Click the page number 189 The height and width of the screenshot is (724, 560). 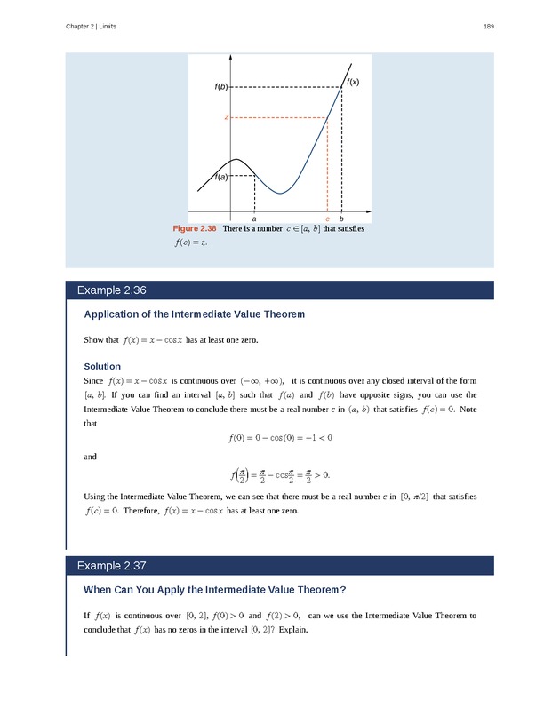coord(488,27)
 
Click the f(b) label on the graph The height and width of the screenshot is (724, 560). coord(220,87)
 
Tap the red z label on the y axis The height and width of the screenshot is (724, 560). coord(227,117)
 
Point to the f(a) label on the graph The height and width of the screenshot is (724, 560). coord(220,177)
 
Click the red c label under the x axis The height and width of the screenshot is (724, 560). coord(327,219)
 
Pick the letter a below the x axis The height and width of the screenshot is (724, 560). coord(255,219)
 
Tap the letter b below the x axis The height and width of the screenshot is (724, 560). coord(341,219)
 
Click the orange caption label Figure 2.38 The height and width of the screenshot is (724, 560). coord(194,229)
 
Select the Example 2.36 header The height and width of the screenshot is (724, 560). coord(111,290)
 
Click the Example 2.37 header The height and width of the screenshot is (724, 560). coord(111,566)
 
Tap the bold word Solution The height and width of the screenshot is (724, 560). coord(101,366)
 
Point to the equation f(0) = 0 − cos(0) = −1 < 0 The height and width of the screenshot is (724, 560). coord(280,438)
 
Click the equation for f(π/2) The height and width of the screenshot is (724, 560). coord(280,474)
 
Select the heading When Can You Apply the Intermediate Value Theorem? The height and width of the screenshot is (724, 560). coord(214,590)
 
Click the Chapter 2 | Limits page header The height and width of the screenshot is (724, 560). coord(91,27)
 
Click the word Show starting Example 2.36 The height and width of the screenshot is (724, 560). coord(93,340)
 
